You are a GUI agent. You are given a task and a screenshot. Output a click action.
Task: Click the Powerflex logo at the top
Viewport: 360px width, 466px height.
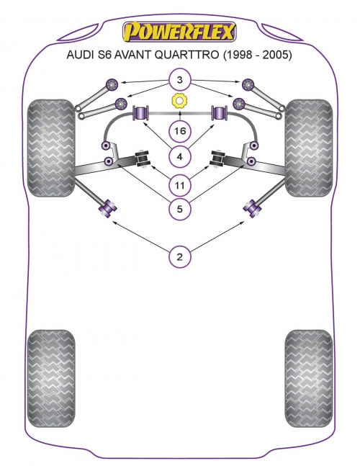pos(180,32)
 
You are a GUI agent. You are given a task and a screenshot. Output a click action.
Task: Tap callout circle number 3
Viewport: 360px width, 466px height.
pos(179,80)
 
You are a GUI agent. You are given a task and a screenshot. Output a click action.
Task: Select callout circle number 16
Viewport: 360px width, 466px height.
pos(180,131)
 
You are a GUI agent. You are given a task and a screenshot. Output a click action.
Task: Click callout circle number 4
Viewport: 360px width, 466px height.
pos(179,156)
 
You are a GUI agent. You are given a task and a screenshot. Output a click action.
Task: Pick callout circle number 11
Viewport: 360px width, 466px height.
pos(179,185)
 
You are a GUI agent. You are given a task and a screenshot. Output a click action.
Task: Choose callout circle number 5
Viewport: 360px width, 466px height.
pos(179,209)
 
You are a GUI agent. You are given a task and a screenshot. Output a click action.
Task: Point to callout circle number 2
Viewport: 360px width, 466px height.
pos(179,257)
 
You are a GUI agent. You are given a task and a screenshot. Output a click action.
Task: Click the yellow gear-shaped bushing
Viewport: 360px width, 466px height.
pos(180,101)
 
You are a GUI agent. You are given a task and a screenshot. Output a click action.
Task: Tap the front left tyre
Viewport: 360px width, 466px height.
pos(51,148)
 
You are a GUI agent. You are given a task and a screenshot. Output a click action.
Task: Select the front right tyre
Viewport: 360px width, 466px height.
pos(309,148)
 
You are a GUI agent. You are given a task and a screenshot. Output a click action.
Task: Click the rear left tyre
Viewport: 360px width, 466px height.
pos(51,378)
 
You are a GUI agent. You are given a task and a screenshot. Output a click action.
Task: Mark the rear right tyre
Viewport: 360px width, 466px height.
pos(309,378)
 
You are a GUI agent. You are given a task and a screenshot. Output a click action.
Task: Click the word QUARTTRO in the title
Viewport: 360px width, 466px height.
pos(186,55)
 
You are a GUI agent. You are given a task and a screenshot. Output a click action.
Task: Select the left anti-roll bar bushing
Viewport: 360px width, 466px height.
pos(141,112)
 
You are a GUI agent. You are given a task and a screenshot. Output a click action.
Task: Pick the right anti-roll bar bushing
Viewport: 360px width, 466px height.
pos(219,112)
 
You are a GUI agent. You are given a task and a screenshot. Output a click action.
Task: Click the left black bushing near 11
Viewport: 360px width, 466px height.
pos(143,158)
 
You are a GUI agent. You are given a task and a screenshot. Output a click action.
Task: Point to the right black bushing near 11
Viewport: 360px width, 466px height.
pos(217,158)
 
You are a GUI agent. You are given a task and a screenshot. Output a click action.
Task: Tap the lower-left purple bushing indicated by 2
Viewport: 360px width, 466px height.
pos(107,208)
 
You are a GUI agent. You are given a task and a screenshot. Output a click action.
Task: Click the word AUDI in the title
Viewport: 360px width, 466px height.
pos(78,55)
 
